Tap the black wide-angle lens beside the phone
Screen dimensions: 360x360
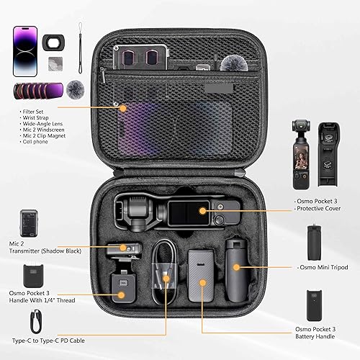tap(53, 42)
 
